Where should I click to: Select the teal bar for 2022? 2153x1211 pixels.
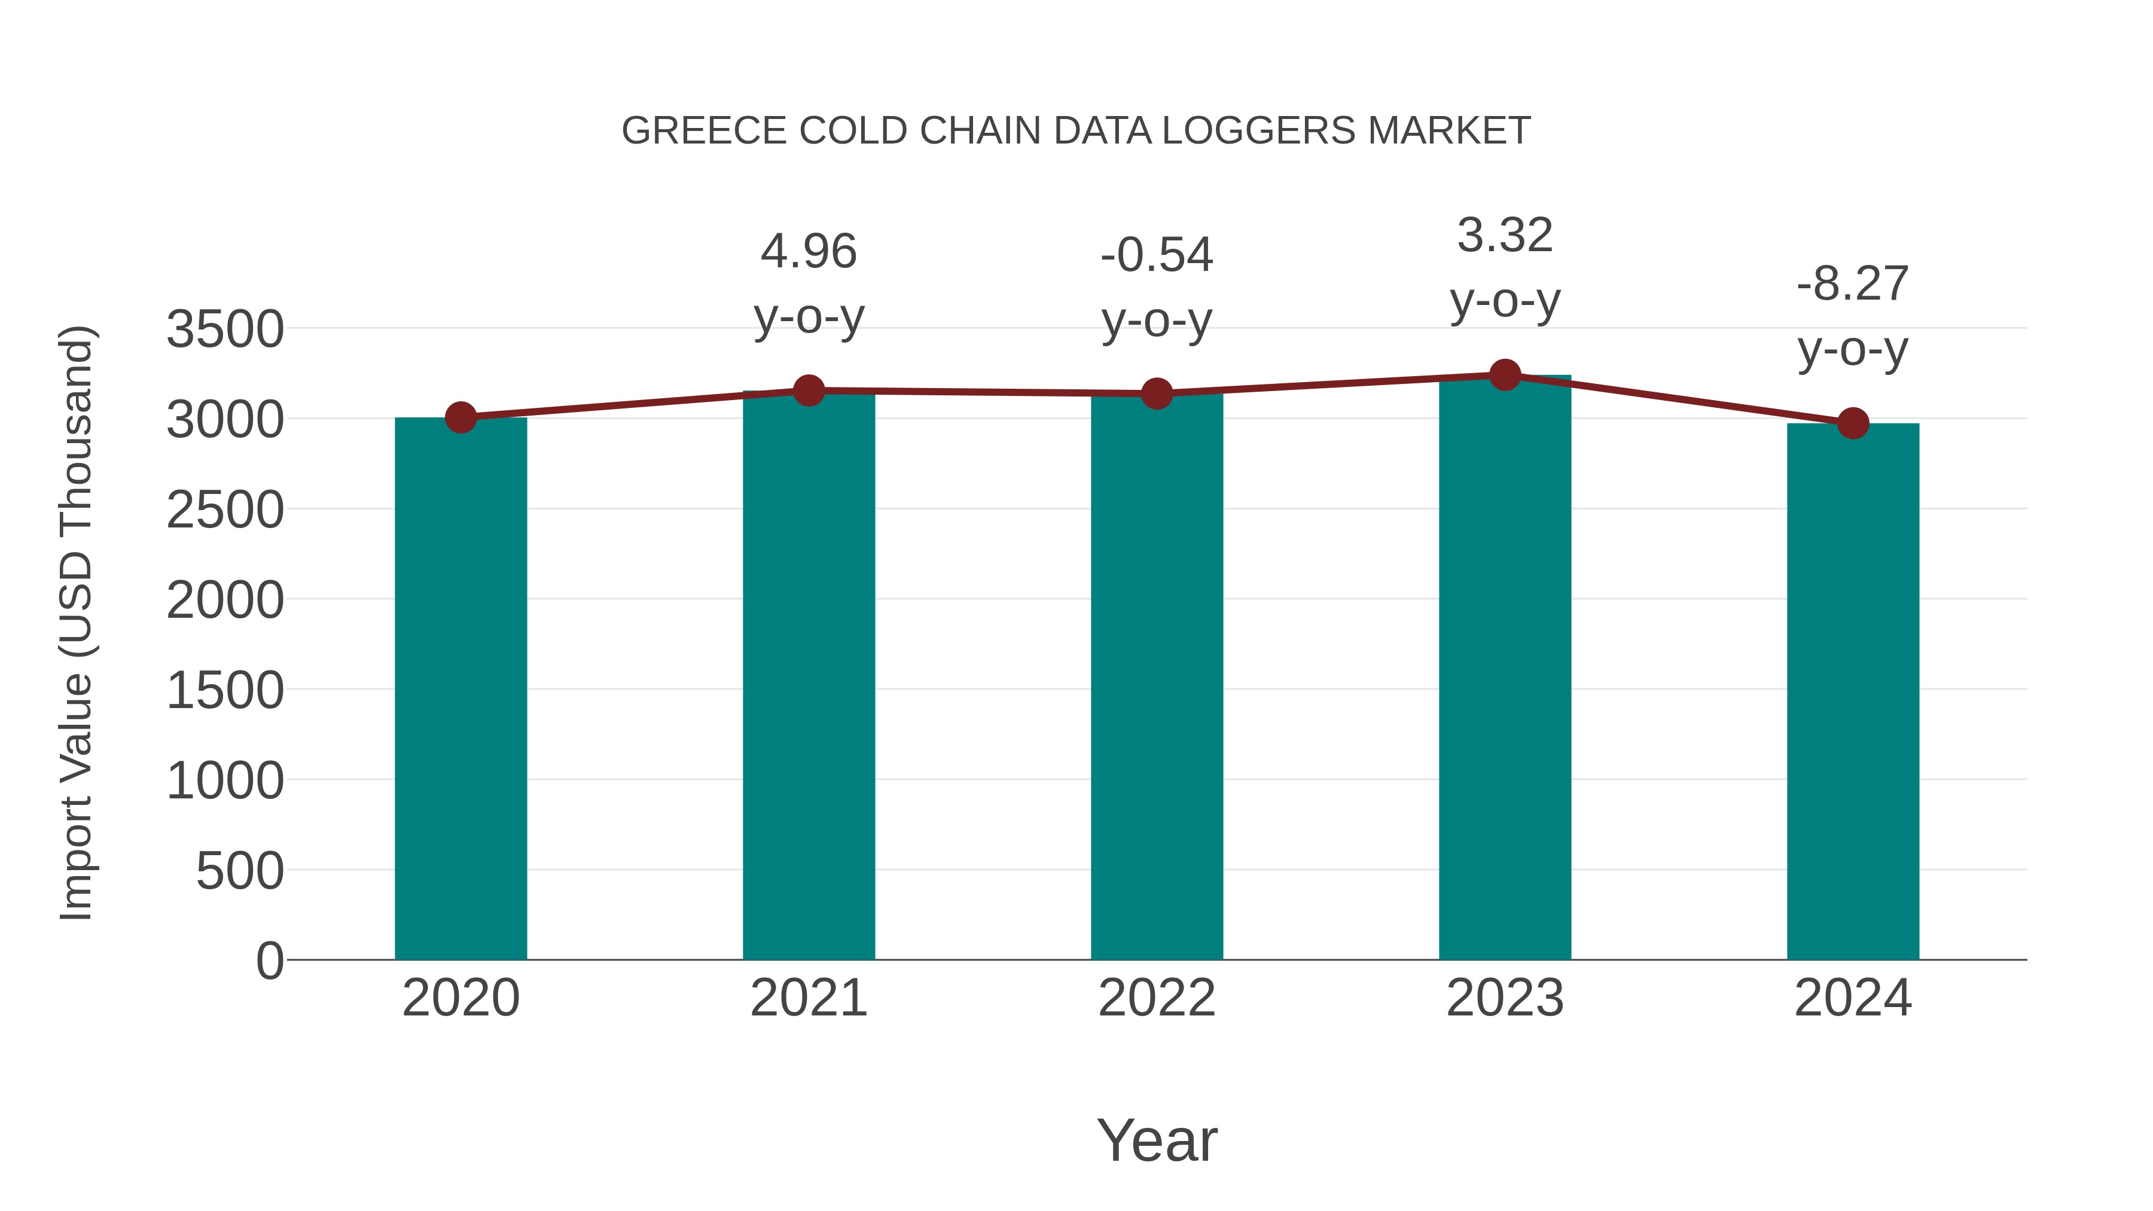(1157, 677)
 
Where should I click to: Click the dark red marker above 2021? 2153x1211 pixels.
(808, 391)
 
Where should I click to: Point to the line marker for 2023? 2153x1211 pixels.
(1505, 375)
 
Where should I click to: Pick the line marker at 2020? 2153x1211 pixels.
(461, 417)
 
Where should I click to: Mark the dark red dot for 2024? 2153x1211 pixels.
(1853, 424)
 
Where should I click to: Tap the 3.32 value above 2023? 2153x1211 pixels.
(1505, 235)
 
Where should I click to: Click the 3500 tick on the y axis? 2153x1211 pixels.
(225, 330)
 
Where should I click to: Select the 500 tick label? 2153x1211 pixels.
(240, 872)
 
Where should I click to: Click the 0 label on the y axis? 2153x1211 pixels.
(269, 961)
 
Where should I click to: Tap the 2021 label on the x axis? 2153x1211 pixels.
(808, 998)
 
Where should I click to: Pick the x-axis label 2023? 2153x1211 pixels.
(1505, 998)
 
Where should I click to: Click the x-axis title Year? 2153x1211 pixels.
(1157, 1140)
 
